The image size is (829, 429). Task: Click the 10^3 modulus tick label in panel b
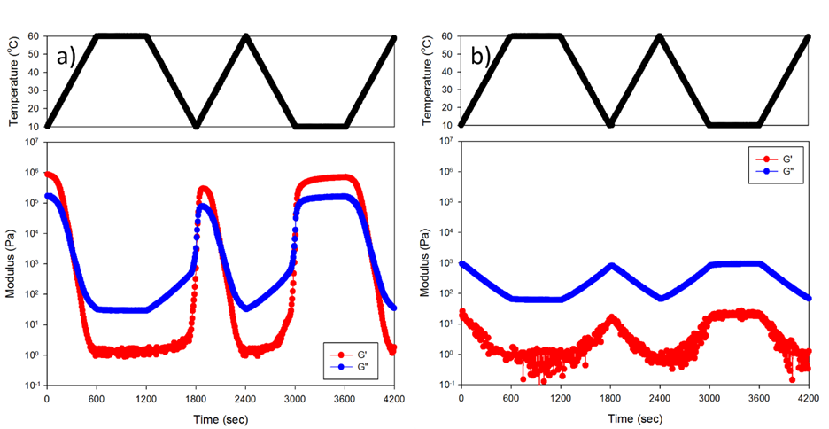click(447, 264)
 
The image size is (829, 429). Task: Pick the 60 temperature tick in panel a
click(34, 36)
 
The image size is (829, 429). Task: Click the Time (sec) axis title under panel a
click(221, 417)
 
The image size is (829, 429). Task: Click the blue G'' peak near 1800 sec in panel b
click(611, 265)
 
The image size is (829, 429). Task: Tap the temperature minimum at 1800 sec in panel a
click(196, 125)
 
